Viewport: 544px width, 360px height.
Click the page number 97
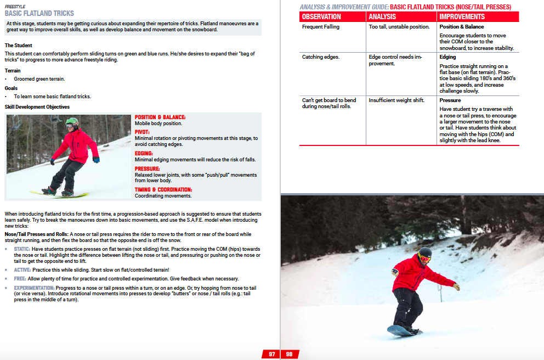point(271,355)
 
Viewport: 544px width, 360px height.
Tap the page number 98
point(289,355)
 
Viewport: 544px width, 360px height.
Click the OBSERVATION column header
point(321,17)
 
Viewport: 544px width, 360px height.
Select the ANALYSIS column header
point(382,17)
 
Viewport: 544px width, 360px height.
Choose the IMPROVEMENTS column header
point(461,17)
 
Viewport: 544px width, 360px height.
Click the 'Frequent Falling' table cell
point(321,27)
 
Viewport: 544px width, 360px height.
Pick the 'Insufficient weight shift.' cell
point(396,100)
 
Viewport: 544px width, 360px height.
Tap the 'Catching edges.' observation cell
point(321,57)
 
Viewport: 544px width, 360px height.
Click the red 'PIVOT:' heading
point(143,132)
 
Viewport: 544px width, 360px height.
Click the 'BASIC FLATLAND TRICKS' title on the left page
point(39,13)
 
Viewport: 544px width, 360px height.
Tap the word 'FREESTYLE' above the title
point(14,6)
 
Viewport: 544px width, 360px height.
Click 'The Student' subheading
point(18,45)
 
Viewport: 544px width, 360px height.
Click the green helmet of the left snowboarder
point(72,122)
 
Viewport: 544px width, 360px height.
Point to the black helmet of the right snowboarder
point(425,252)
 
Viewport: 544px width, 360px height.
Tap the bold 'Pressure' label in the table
point(450,100)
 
